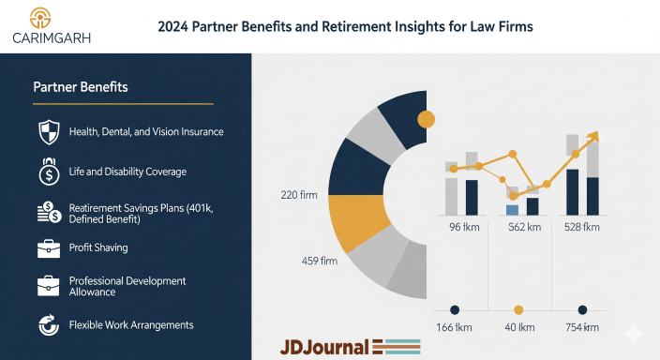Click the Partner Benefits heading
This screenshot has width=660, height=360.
pyautogui.click(x=81, y=87)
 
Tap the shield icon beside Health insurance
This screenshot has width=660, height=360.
pyautogui.click(x=48, y=132)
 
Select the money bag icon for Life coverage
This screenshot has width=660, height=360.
pyautogui.click(x=48, y=172)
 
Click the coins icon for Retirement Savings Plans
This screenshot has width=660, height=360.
pyautogui.click(x=48, y=212)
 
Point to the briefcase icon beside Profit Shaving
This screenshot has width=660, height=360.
pyautogui.click(x=48, y=248)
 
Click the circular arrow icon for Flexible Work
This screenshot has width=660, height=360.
pyautogui.click(x=48, y=325)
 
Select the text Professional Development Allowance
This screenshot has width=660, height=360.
pyautogui.click(x=127, y=287)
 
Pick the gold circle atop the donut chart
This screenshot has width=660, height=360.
pyautogui.click(x=426, y=119)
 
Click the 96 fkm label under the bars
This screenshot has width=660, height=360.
pyautogui.click(x=466, y=227)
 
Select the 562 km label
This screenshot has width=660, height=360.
pyautogui.click(x=524, y=227)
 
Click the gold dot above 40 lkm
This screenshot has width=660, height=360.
pyautogui.click(x=518, y=309)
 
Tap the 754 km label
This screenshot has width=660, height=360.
pyautogui.click(x=581, y=326)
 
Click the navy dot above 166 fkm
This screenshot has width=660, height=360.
pyautogui.click(x=455, y=309)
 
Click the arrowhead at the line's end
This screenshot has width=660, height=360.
pyautogui.click(x=592, y=137)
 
